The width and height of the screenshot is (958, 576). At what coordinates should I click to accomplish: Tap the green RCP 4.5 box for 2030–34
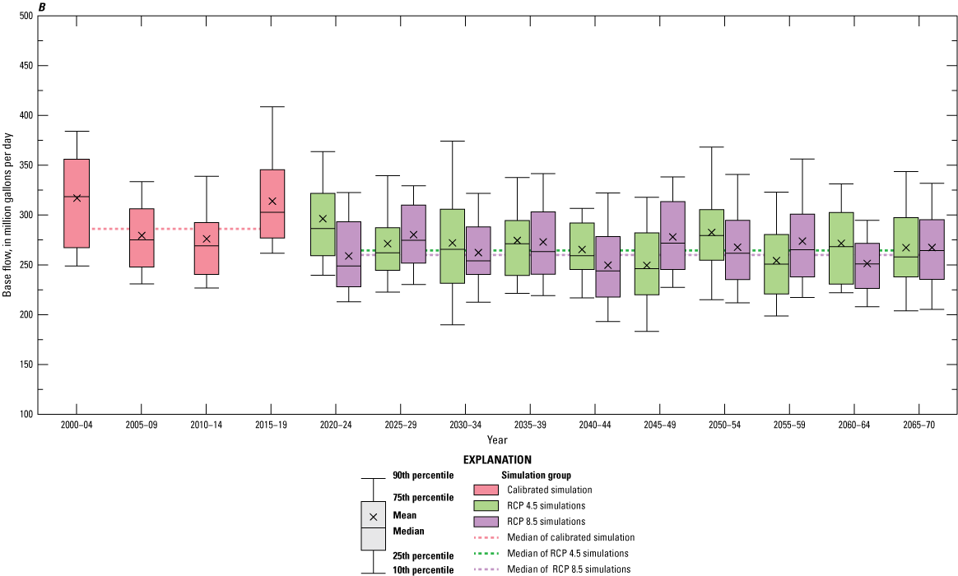452,246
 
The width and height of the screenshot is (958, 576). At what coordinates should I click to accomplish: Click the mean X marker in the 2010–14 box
207,239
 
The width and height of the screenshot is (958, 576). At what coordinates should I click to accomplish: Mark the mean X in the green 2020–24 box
323,219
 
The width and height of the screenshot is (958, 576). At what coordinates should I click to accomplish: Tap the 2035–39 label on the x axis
529,425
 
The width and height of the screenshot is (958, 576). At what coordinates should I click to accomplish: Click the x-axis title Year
496,440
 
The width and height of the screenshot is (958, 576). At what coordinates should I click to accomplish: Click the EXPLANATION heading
496,459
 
